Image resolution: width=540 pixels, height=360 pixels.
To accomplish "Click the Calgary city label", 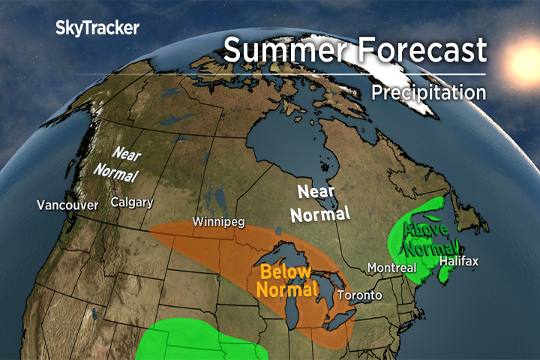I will point(132,202).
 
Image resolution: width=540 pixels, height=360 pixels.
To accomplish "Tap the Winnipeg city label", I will point(218,222).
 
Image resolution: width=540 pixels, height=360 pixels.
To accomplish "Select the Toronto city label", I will point(359,295).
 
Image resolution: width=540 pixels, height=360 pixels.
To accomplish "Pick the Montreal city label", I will point(391,268).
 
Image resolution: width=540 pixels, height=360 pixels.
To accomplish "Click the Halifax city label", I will point(459,261).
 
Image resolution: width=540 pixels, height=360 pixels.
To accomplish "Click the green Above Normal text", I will point(430,237).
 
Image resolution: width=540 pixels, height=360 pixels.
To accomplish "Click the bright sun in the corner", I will point(525,56).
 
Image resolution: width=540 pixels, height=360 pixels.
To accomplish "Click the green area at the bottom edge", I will point(195,341).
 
